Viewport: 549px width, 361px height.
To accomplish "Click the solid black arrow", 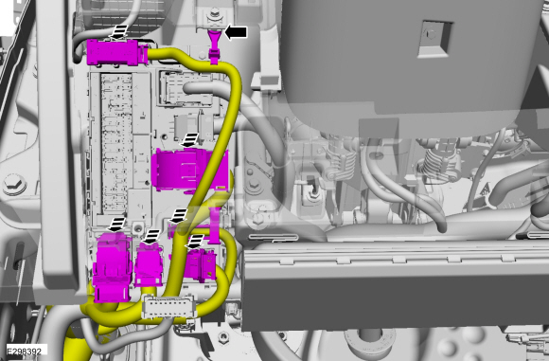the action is tap(236, 32).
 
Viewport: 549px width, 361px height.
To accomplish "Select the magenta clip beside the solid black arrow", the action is tap(214, 47).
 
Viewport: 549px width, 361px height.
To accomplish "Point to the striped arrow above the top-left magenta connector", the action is tap(119, 32).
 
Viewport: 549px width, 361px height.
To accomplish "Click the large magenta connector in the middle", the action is tap(191, 171).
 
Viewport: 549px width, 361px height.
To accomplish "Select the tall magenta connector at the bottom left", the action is tap(112, 267).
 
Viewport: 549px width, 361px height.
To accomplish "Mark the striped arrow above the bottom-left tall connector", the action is tap(117, 225).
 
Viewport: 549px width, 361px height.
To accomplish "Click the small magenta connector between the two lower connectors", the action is tap(149, 265).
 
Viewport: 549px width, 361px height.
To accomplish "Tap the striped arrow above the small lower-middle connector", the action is tap(152, 237).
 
